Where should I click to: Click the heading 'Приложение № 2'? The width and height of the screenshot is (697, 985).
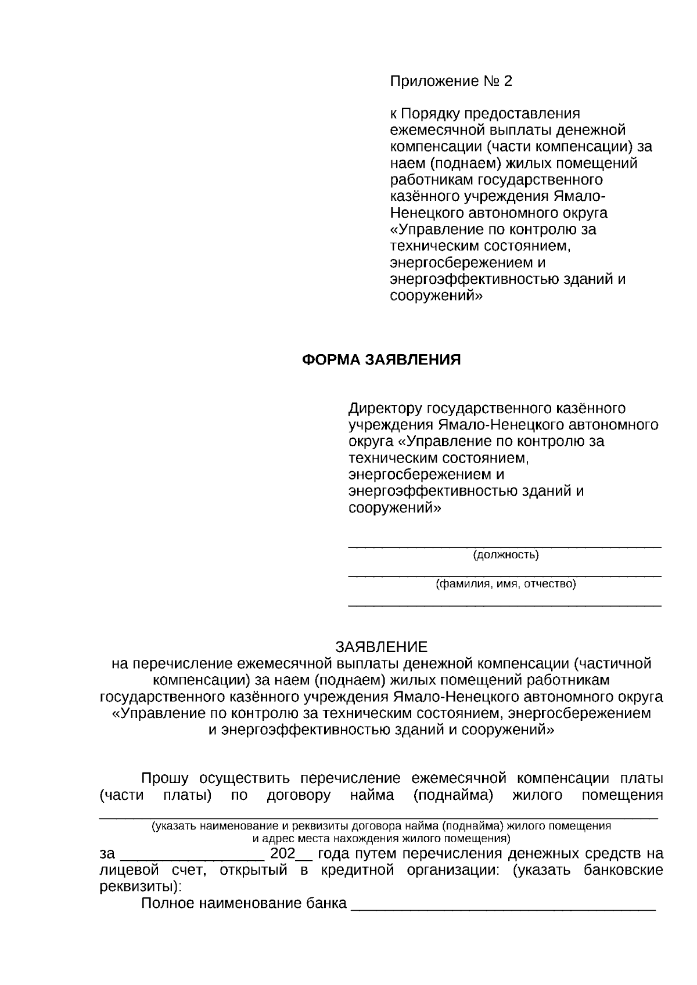(x=451, y=81)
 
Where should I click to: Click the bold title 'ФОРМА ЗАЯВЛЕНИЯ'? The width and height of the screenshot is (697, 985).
(x=382, y=360)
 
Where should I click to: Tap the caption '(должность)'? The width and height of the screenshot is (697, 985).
(x=506, y=555)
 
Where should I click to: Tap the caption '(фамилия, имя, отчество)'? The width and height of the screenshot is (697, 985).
(x=506, y=584)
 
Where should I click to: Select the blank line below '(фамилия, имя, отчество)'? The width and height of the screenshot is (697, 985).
(x=504, y=605)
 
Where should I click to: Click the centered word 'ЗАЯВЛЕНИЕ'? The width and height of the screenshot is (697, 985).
(x=382, y=647)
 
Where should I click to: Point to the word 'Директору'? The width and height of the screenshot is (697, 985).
(x=385, y=409)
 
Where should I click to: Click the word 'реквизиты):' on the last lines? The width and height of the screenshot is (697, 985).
(x=141, y=887)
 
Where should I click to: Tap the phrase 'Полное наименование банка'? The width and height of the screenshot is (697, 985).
(x=244, y=904)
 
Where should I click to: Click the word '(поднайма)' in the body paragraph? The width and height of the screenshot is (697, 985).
(x=453, y=795)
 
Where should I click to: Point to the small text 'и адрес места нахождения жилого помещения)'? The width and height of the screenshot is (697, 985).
(x=382, y=838)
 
